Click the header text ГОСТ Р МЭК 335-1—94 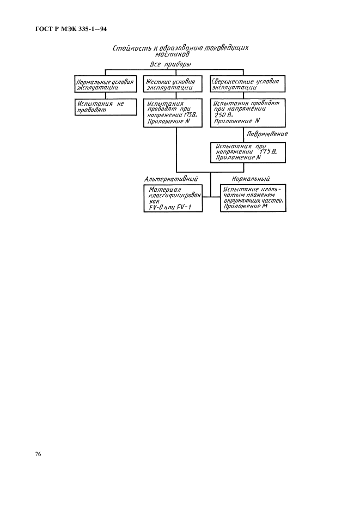coord(71,29)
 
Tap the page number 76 coord(38,454)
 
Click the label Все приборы coord(170,64)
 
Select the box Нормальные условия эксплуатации coord(105,84)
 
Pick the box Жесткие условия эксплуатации coord(173,84)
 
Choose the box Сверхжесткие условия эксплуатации coord(247,84)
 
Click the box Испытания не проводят coord(105,107)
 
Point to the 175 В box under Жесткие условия coord(173,113)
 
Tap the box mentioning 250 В coord(247,113)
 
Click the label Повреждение coord(267,134)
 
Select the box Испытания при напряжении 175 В coord(248,153)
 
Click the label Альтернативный coord(171,179)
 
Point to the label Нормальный coord(251,179)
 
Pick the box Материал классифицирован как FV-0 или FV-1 coord(173,198)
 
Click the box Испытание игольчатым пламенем coord(253,198)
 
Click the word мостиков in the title coord(176,54)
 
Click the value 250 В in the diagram coord(223,115)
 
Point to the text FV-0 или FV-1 coord(170,207)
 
